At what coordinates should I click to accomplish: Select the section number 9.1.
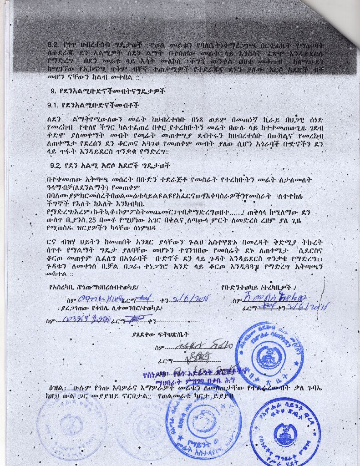coord(54,105)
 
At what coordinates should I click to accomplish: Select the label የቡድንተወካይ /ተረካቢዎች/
coord(259,288)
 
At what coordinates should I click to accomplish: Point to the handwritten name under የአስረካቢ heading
coord(94,299)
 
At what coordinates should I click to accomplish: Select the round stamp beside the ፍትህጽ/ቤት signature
coord(269,354)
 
